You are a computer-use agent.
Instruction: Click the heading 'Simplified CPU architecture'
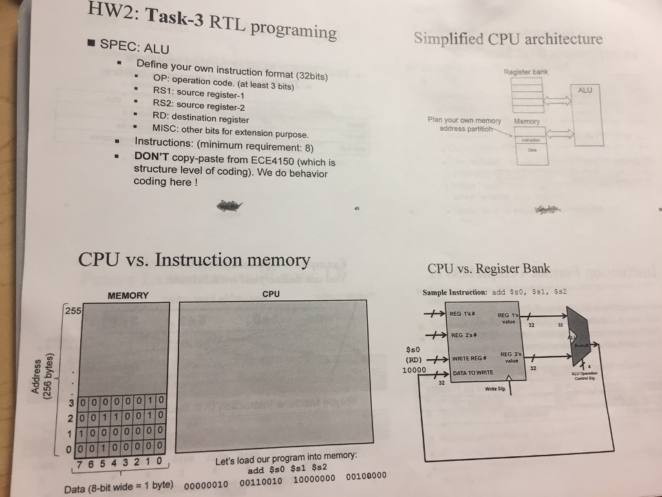(x=507, y=38)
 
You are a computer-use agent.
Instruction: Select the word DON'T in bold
(x=151, y=156)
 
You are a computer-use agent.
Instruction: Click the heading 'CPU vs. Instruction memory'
(x=194, y=260)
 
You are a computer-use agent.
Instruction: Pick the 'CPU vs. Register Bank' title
(x=489, y=269)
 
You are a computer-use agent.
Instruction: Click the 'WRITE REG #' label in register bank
(x=473, y=359)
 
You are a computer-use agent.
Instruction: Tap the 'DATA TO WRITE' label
(x=473, y=373)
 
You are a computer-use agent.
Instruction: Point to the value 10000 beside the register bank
(x=414, y=370)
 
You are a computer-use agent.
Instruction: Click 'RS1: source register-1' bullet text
(x=198, y=93)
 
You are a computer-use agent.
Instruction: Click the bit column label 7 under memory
(x=80, y=463)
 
